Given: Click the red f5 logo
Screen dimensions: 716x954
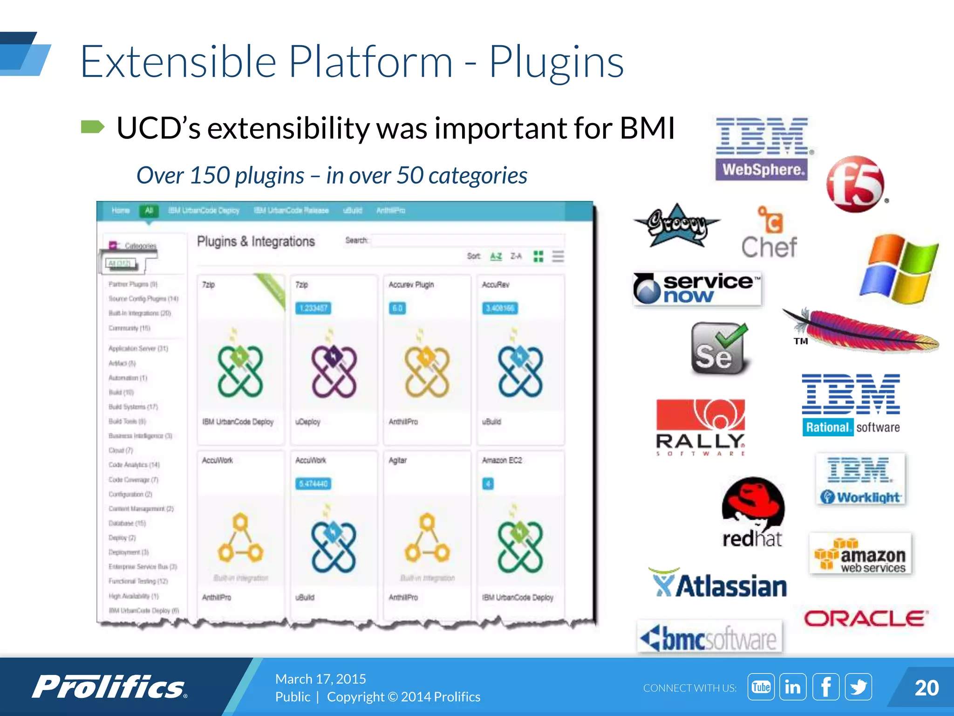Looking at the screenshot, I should coord(855,185).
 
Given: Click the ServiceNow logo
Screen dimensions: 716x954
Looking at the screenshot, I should coord(697,289).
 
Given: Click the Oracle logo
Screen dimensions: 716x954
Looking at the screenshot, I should coord(865,619).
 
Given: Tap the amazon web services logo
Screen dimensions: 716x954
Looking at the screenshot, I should coord(860,555).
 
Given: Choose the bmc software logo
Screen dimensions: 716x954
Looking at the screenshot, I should coord(709,637).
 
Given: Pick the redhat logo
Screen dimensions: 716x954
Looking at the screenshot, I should coord(753,513).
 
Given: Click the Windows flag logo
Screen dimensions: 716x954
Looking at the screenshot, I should coord(899,268).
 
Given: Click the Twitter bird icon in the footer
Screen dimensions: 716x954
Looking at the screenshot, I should coord(858,687).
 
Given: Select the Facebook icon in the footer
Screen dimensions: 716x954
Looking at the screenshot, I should coord(825,687).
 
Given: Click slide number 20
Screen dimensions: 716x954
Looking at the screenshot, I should coord(926,688).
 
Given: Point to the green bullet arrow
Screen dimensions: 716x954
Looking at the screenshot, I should coord(93,127).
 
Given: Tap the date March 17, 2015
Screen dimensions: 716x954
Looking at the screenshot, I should coord(320,679).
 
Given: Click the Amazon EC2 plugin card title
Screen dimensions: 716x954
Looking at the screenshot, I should coord(502,461).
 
